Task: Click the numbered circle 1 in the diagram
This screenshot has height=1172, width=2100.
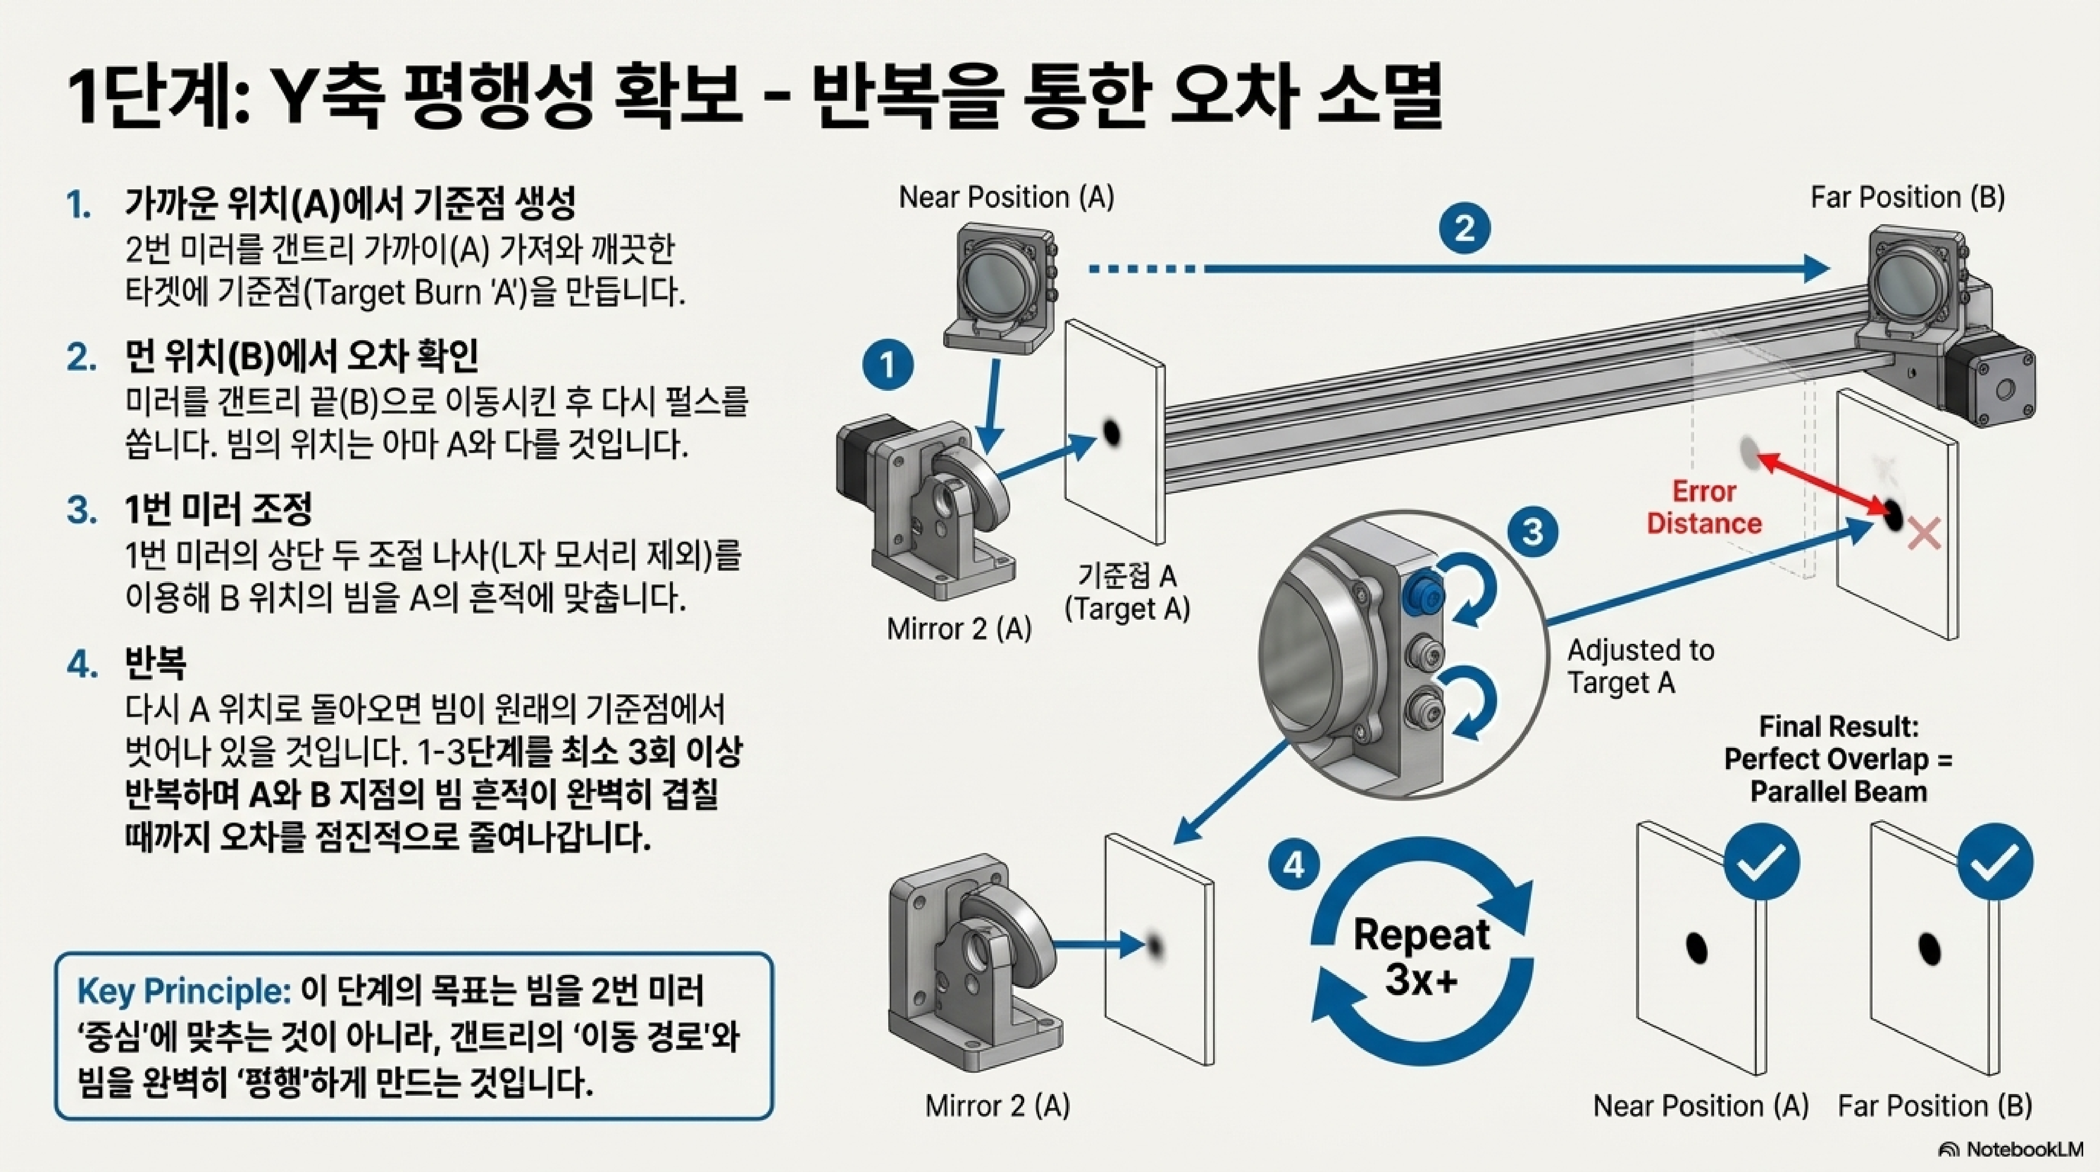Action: [x=888, y=364]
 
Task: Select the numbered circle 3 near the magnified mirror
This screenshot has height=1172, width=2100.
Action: [x=1533, y=532]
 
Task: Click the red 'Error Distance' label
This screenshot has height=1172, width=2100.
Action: [x=1704, y=507]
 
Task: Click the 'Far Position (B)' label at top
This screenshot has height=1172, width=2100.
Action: [x=1907, y=197]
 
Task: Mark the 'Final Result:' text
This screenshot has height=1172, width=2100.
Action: [x=1838, y=726]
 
